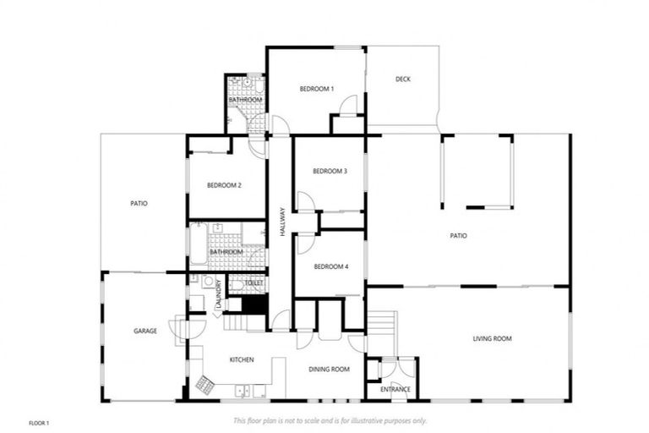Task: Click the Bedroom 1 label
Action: pyautogui.click(x=317, y=89)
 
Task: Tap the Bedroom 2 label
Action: pyautogui.click(x=226, y=184)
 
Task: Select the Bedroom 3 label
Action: pyautogui.click(x=330, y=171)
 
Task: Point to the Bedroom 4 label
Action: pyautogui.click(x=330, y=266)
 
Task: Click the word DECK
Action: pyautogui.click(x=402, y=79)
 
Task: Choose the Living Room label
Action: pyautogui.click(x=492, y=338)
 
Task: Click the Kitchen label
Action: pyautogui.click(x=242, y=360)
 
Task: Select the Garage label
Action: pyautogui.click(x=145, y=331)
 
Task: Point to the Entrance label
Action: pyautogui.click(x=395, y=390)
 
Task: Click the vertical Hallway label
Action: pyautogui.click(x=283, y=222)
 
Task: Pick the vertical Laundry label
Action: pyautogui.click(x=218, y=292)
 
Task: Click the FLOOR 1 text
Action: pyautogui.click(x=41, y=421)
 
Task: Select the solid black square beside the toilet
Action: pyautogui.click(x=254, y=303)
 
